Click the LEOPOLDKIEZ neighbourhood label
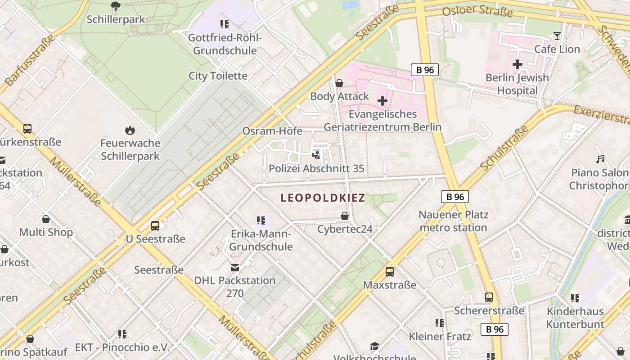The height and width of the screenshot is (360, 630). (x=323, y=198)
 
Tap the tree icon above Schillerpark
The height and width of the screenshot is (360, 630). (x=116, y=6)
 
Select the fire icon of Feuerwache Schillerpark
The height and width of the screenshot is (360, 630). (x=130, y=130)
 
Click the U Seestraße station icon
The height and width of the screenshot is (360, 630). (x=155, y=226)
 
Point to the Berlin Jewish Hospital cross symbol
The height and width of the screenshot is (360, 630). (x=517, y=64)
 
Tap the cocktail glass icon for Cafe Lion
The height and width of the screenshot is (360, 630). (x=557, y=36)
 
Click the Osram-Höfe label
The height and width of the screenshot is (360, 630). (x=271, y=131)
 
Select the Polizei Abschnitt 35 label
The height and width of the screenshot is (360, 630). (x=316, y=169)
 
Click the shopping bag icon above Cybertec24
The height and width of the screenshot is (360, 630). (x=345, y=216)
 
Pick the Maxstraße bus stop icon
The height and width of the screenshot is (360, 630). (x=390, y=272)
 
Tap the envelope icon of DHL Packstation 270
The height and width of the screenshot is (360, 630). (x=235, y=268)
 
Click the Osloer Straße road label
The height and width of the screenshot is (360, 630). (x=477, y=10)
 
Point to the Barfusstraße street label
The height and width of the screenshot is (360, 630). (x=30, y=61)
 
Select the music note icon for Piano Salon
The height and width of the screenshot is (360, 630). (x=600, y=159)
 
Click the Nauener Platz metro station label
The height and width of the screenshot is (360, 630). (x=453, y=221)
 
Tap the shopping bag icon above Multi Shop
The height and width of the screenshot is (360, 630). (x=46, y=220)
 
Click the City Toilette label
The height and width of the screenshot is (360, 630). (x=218, y=76)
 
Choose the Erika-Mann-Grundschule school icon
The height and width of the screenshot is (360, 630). (x=261, y=220)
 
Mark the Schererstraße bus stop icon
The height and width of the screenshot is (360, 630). (x=489, y=297)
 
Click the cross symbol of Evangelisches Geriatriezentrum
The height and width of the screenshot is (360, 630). (x=382, y=101)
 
